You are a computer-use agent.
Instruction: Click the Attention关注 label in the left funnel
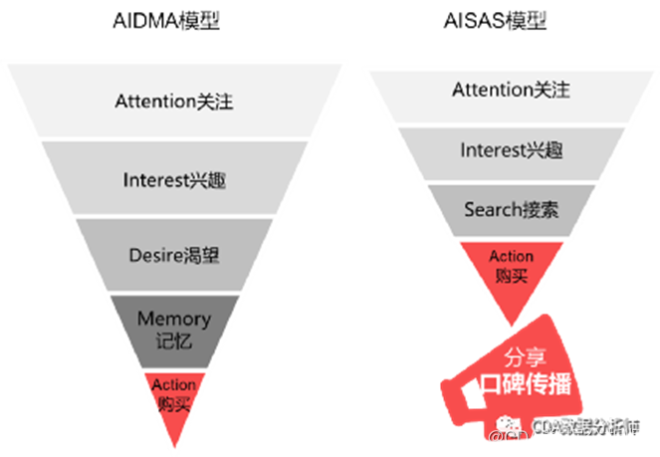point(175,102)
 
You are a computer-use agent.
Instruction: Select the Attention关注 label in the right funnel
point(511,90)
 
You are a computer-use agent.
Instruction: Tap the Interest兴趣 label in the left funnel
point(175,179)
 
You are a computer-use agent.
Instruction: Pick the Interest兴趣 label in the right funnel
point(511,150)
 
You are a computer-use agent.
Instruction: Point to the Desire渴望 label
point(175,256)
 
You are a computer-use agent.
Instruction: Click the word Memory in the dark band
point(174,319)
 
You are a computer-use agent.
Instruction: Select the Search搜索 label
point(511,210)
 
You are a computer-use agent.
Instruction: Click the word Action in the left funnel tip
point(174,384)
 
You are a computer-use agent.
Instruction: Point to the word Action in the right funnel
point(511,257)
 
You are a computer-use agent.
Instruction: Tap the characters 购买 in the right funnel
point(511,276)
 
